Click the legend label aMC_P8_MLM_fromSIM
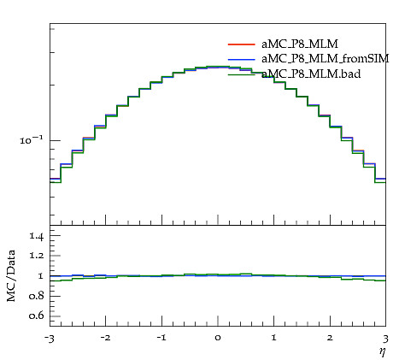coord(326,59)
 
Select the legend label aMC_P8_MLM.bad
coord(311,74)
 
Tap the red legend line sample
coord(241,44)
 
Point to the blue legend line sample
coord(241,59)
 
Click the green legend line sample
coord(241,74)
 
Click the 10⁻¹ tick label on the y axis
coord(32,139)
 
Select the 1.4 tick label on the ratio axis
coord(37,236)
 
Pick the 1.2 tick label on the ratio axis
coord(37,256)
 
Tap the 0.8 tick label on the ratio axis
coord(37,296)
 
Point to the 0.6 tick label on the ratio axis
coord(37,316)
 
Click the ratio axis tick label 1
coord(40,276)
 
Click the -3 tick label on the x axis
coord(50,339)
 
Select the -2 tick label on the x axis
coord(105,338)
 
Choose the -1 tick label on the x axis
coord(161,338)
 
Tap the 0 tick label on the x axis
coord(218,338)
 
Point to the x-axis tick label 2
coord(330,338)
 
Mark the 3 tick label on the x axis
coord(386,339)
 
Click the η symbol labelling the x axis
coord(383,352)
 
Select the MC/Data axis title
coord(11,275)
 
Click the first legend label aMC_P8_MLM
coord(300,44)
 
